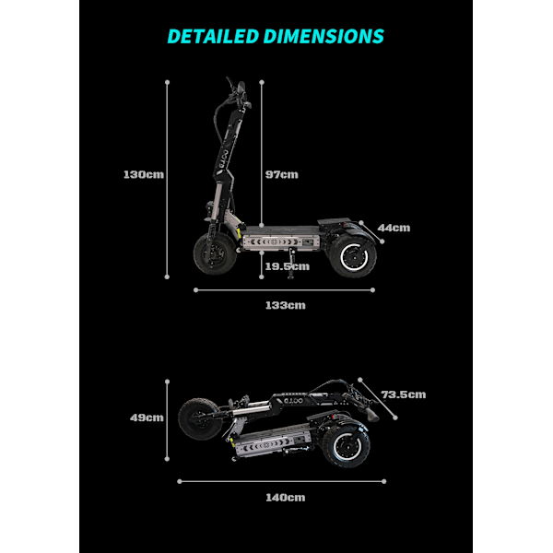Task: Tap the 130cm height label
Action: pos(144,174)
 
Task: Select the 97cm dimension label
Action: pos(282,174)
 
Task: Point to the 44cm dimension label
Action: pos(394,228)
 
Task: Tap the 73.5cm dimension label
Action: pos(404,394)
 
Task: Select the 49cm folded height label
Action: pos(147,418)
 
